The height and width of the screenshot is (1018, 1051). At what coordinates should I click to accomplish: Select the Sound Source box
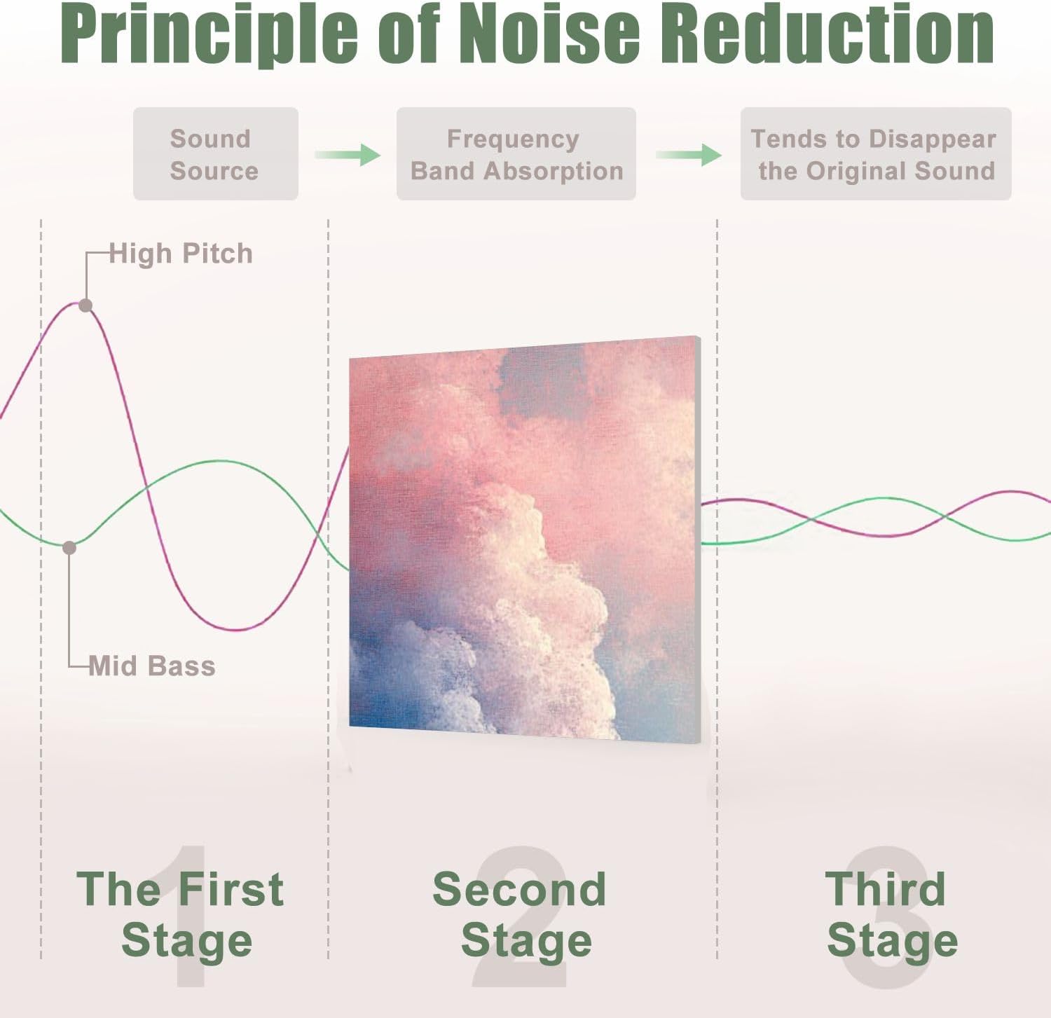click(215, 154)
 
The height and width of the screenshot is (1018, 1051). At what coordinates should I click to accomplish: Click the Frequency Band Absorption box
click(516, 154)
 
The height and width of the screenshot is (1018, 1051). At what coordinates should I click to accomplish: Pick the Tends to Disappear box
click(875, 154)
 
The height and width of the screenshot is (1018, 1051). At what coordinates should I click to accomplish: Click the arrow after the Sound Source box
click(347, 154)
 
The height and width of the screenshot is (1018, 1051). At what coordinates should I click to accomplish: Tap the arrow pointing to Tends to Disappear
click(689, 154)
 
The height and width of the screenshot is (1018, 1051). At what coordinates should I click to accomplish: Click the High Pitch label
click(181, 254)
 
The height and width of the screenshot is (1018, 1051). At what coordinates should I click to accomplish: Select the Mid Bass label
click(152, 666)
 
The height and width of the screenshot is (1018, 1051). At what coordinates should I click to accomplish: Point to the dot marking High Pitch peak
click(85, 305)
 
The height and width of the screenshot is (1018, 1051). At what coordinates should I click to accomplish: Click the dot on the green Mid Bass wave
click(69, 548)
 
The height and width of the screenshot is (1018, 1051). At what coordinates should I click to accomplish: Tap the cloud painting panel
click(524, 539)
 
